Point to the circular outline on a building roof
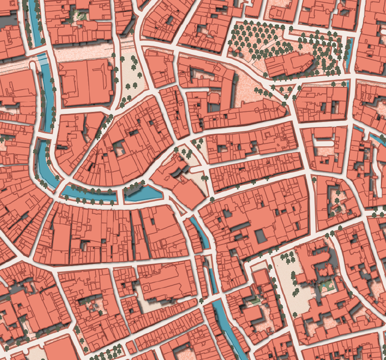(x=147, y=289)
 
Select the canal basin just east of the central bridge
(x=143, y=193)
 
